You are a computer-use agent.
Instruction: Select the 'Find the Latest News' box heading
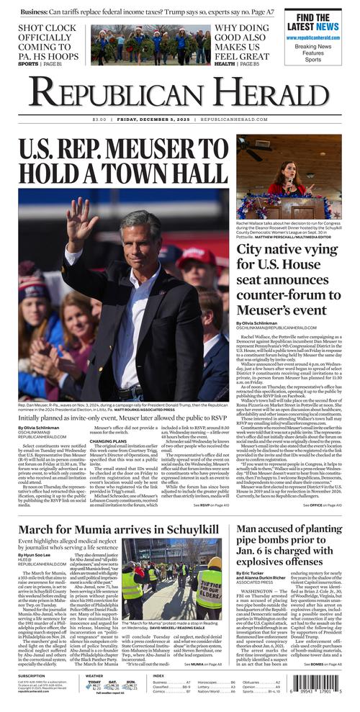tap(313, 22)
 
